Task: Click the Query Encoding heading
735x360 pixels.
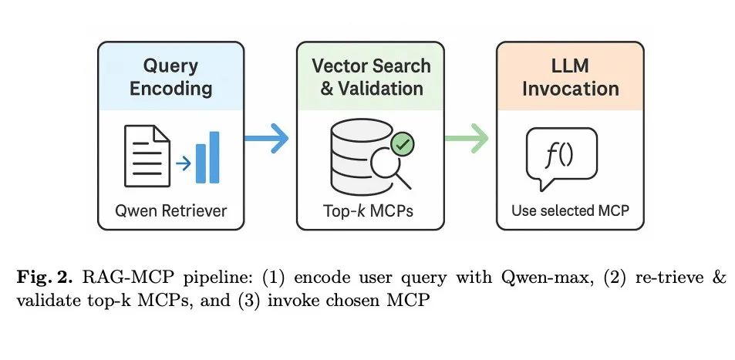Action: [x=170, y=76]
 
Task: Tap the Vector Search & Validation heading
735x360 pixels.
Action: [x=371, y=76]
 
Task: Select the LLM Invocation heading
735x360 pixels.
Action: [x=570, y=76]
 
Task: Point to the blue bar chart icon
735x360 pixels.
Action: [x=207, y=158]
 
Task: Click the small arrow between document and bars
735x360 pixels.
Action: [x=183, y=163]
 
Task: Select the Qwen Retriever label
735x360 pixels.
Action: [x=170, y=210]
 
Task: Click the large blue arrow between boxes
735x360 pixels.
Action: [x=266, y=140]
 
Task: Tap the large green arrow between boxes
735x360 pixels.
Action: [x=467, y=140]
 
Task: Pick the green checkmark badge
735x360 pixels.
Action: [x=402, y=143]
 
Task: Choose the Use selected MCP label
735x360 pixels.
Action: [x=570, y=210]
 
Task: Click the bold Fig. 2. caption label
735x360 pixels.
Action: [x=46, y=277]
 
